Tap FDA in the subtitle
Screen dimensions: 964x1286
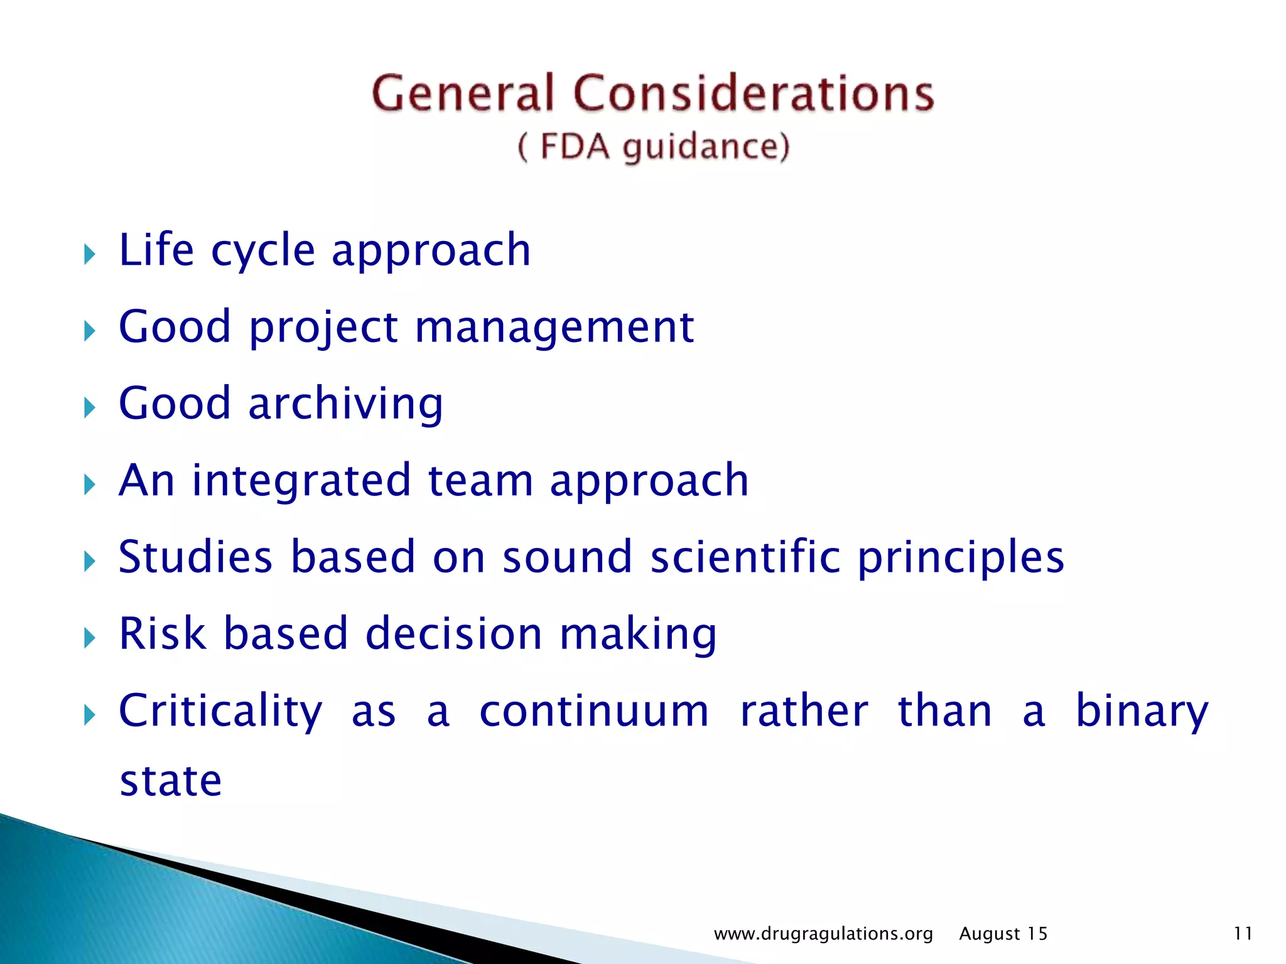(x=575, y=147)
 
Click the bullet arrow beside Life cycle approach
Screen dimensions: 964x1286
(x=90, y=255)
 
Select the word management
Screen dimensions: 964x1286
(x=554, y=328)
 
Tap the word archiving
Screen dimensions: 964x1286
(x=345, y=404)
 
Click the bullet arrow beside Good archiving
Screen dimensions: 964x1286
(x=90, y=409)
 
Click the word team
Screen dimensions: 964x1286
(x=480, y=481)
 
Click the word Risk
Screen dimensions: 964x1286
(x=163, y=634)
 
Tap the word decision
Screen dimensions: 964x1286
(x=453, y=634)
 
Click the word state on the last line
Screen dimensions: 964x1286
(x=171, y=781)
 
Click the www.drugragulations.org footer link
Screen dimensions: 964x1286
(x=823, y=934)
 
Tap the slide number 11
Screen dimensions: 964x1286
(x=1243, y=934)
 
